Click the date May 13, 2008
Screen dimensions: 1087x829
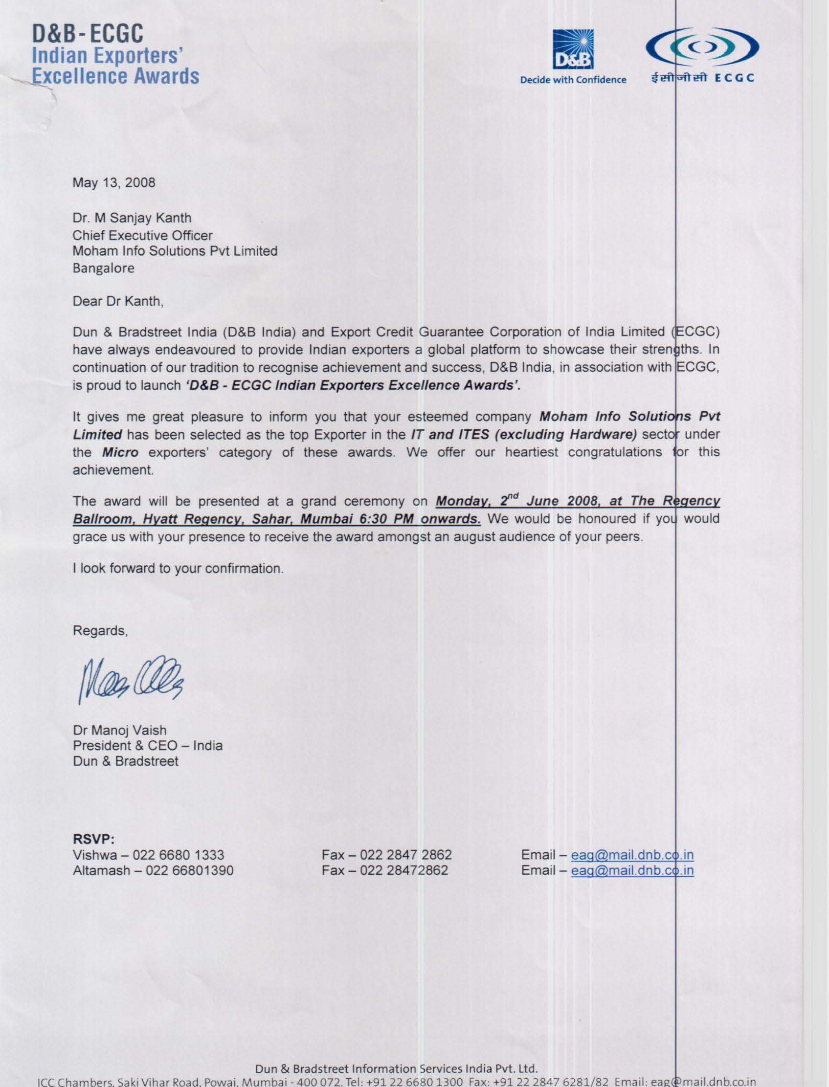click(x=114, y=182)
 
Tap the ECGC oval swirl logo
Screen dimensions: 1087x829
click(x=702, y=46)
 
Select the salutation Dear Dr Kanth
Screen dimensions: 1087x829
click(x=118, y=301)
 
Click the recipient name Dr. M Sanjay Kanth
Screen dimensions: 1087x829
click(x=132, y=217)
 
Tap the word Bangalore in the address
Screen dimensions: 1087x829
click(x=104, y=268)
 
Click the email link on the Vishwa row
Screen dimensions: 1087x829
click(x=632, y=855)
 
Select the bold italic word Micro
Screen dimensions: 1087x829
click(x=120, y=452)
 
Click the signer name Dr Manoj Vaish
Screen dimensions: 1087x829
click(x=120, y=730)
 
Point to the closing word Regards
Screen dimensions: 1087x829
click(x=100, y=631)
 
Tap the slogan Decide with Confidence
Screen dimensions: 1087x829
click(x=573, y=79)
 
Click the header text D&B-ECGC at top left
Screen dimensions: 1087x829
click(x=89, y=35)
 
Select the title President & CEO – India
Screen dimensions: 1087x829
click(x=148, y=746)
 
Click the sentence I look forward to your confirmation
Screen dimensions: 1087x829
click(x=178, y=568)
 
